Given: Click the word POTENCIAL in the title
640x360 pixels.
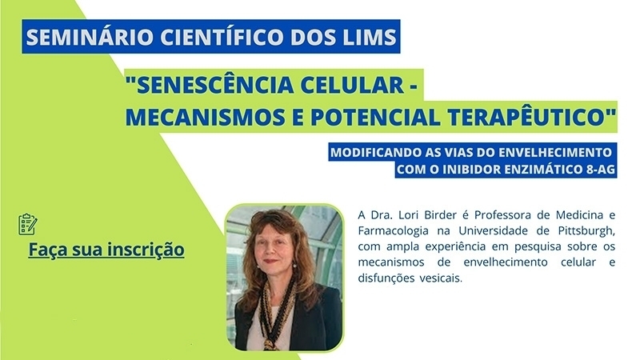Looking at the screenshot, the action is (375, 117).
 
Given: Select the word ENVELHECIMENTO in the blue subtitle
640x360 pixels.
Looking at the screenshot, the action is (555, 153).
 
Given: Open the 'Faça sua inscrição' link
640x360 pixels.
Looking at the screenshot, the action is (106, 250).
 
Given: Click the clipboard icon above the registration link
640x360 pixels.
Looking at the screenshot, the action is (28, 224).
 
